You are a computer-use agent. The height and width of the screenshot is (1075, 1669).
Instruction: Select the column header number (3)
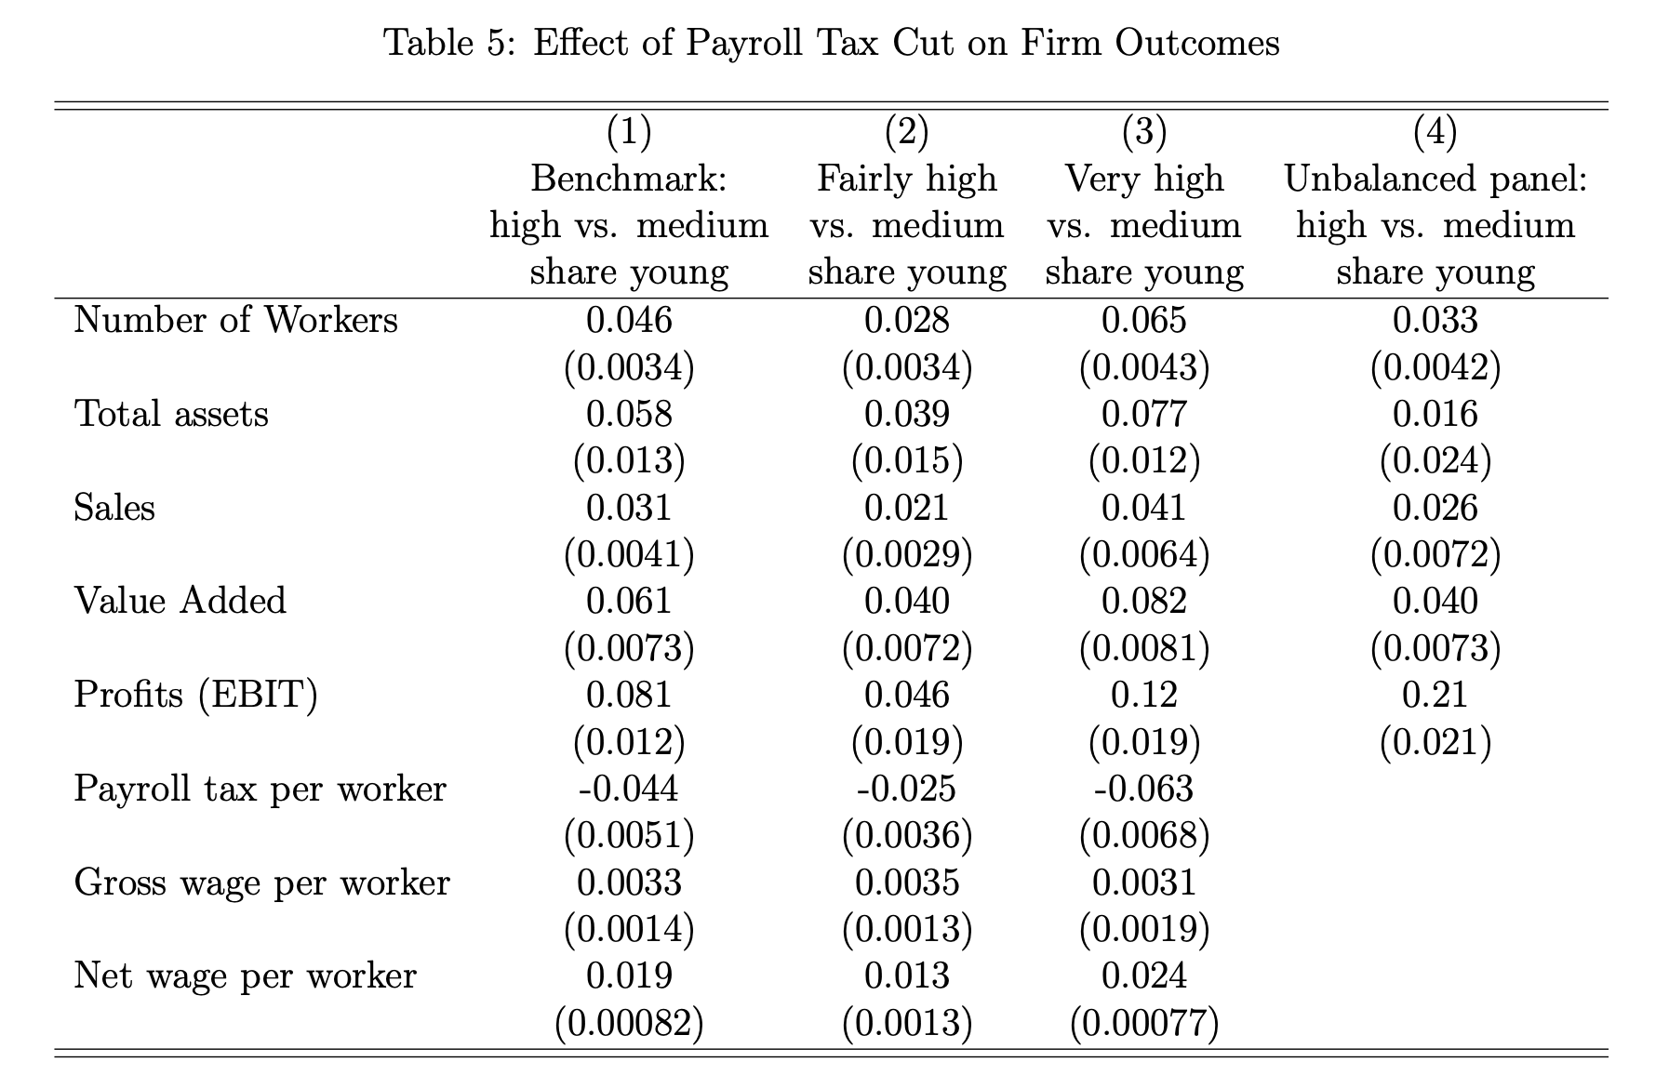tap(1144, 132)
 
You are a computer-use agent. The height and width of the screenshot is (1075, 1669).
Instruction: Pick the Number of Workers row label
tap(235, 320)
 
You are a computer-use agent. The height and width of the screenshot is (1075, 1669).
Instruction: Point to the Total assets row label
tap(171, 414)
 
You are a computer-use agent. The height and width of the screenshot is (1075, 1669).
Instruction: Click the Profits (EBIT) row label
tap(195, 695)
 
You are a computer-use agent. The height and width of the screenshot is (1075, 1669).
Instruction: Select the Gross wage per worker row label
tap(261, 883)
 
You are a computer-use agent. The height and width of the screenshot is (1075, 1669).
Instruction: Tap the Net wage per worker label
tap(246, 975)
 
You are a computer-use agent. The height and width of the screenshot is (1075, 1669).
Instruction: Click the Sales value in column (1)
tap(629, 508)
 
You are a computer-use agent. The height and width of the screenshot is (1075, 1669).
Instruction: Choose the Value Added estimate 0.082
tap(1144, 601)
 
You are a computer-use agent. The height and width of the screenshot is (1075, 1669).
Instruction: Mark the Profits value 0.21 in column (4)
tap(1435, 695)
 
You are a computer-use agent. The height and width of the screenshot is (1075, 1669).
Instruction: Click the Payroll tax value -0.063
tap(1143, 789)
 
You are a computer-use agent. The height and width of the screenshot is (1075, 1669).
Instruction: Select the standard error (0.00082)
tap(629, 1023)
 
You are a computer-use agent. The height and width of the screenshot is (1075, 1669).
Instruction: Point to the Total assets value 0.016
tap(1435, 414)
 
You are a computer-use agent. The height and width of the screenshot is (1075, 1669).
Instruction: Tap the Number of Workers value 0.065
tap(1144, 320)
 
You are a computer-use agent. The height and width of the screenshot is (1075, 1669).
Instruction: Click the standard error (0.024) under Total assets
tap(1435, 460)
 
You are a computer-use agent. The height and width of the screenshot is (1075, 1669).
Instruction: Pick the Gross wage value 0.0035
tap(907, 883)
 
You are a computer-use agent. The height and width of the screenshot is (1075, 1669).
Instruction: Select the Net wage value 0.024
tap(1144, 975)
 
